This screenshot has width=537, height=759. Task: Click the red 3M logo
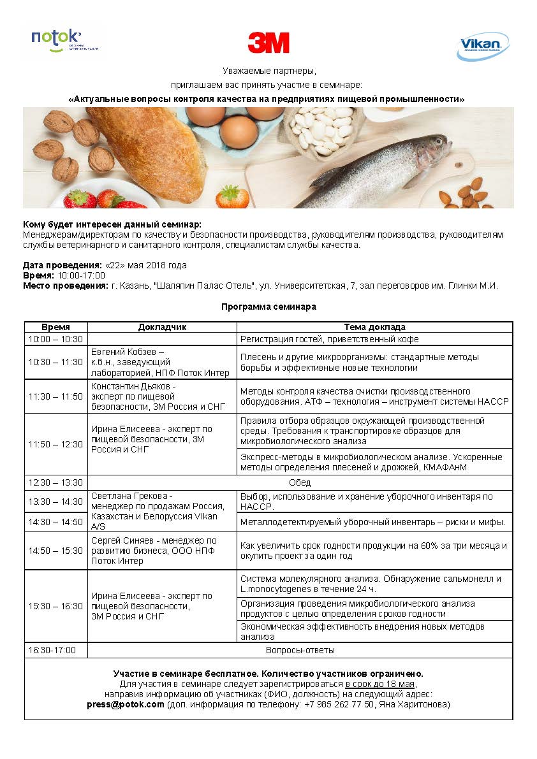tap(268, 43)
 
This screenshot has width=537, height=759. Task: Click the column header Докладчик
tap(162, 327)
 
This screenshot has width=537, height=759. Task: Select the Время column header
tap(56, 327)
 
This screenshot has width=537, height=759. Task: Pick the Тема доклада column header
tap(375, 327)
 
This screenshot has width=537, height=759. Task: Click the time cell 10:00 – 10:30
tap(55, 339)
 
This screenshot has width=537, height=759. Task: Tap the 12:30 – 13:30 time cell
tap(55, 482)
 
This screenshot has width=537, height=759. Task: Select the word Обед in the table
tap(300, 482)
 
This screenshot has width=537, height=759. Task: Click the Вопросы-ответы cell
tap(300, 650)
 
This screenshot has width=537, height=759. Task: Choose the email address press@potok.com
tap(126, 705)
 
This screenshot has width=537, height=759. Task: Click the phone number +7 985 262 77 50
tap(343, 705)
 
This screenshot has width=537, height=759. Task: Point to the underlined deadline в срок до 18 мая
tap(381, 684)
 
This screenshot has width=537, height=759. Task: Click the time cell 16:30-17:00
tap(52, 650)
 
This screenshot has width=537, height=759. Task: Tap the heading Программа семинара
tap(268, 307)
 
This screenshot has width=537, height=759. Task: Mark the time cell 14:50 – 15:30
tap(55, 551)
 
